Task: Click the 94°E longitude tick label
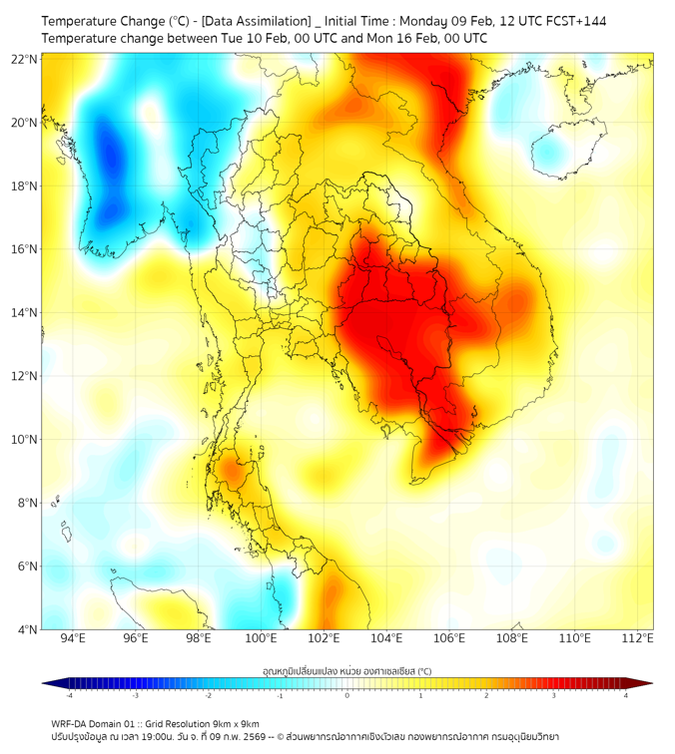(73, 638)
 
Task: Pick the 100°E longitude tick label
(262, 638)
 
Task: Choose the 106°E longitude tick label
(449, 638)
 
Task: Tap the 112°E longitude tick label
(637, 638)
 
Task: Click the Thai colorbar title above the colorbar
(346, 671)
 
